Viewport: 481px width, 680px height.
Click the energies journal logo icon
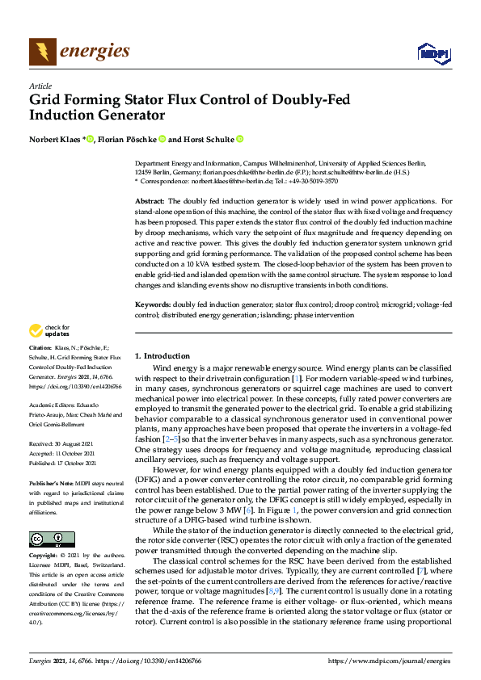click(x=43, y=52)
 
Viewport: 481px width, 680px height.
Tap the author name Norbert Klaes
click(x=55, y=138)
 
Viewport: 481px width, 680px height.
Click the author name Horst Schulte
click(x=208, y=138)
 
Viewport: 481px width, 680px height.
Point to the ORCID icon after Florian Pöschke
click(x=162, y=138)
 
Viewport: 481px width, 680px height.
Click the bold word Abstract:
click(x=150, y=199)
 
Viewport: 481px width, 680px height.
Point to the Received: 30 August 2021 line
click(x=65, y=444)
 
